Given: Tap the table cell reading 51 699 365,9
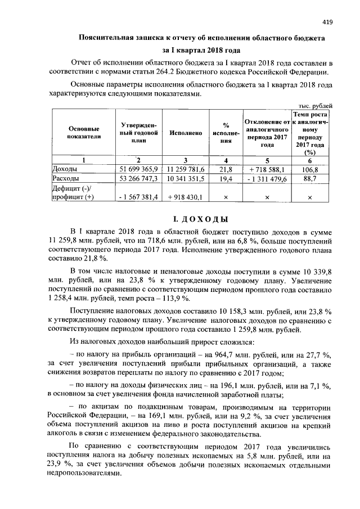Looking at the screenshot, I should [138, 169].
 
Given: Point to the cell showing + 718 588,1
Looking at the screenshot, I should [267, 169].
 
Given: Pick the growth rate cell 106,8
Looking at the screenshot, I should [310, 169].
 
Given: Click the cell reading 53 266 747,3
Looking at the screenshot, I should [138, 179].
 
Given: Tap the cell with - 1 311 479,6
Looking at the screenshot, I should [267, 179].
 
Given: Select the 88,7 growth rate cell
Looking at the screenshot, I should [310, 179].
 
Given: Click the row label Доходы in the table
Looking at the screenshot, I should [64, 169].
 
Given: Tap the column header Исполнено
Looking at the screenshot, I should [185, 133].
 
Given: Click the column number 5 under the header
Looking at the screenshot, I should [267, 160].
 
